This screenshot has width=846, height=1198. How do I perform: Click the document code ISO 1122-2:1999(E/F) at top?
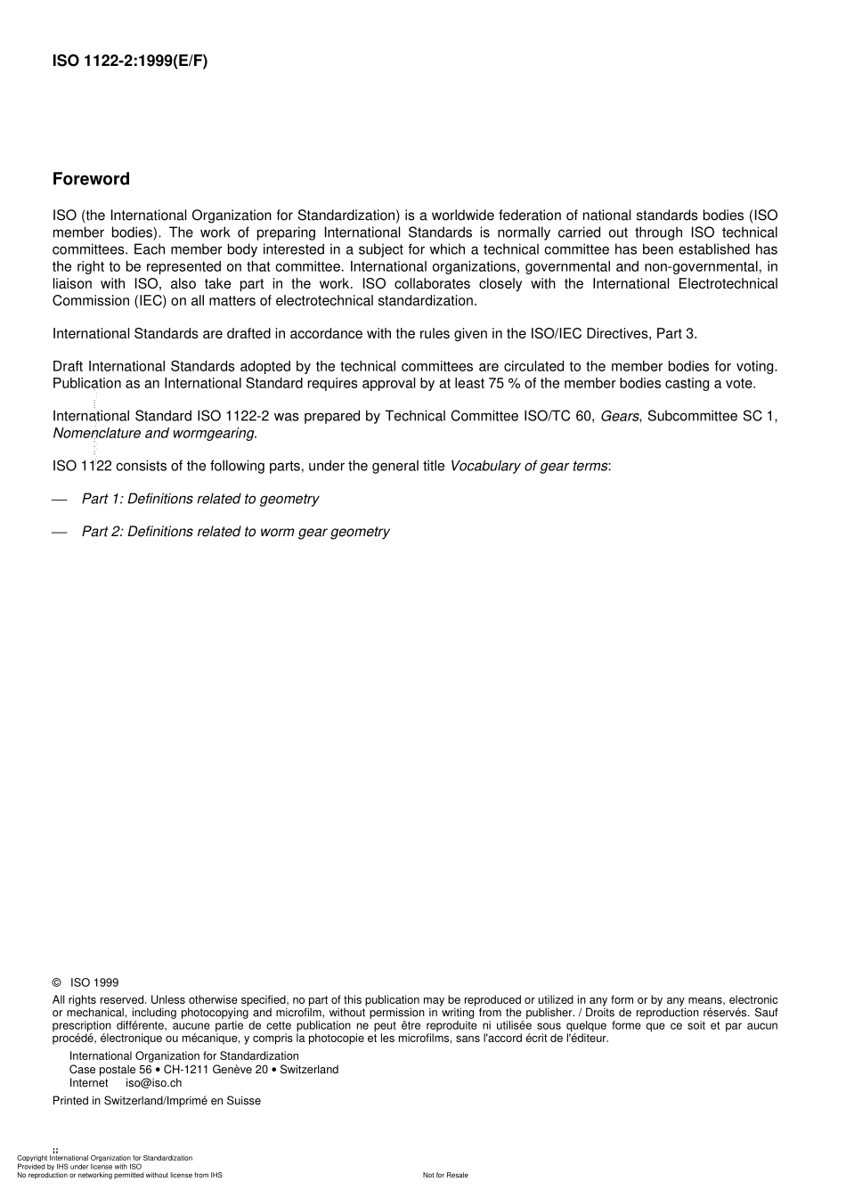click(129, 61)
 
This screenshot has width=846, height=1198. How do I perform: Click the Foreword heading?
click(91, 179)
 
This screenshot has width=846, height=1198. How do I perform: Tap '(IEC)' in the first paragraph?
click(149, 301)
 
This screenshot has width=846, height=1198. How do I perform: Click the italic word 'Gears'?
click(620, 416)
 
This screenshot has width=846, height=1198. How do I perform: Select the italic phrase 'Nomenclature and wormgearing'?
click(153, 434)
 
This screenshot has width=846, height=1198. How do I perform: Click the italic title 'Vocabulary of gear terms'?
click(529, 467)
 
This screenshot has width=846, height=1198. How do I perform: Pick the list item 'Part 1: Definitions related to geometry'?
click(199, 500)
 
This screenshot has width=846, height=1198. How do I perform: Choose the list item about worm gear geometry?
click(235, 533)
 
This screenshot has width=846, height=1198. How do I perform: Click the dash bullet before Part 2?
click(60, 533)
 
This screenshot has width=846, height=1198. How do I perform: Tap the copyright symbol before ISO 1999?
click(57, 983)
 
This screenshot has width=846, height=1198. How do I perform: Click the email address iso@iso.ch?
click(153, 1083)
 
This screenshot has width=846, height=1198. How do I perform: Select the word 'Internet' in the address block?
click(88, 1083)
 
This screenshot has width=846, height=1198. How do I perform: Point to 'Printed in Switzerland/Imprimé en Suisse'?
click(156, 1101)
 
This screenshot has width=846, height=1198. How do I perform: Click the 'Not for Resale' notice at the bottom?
click(445, 1176)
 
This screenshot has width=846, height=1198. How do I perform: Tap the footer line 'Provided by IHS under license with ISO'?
click(79, 1167)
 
